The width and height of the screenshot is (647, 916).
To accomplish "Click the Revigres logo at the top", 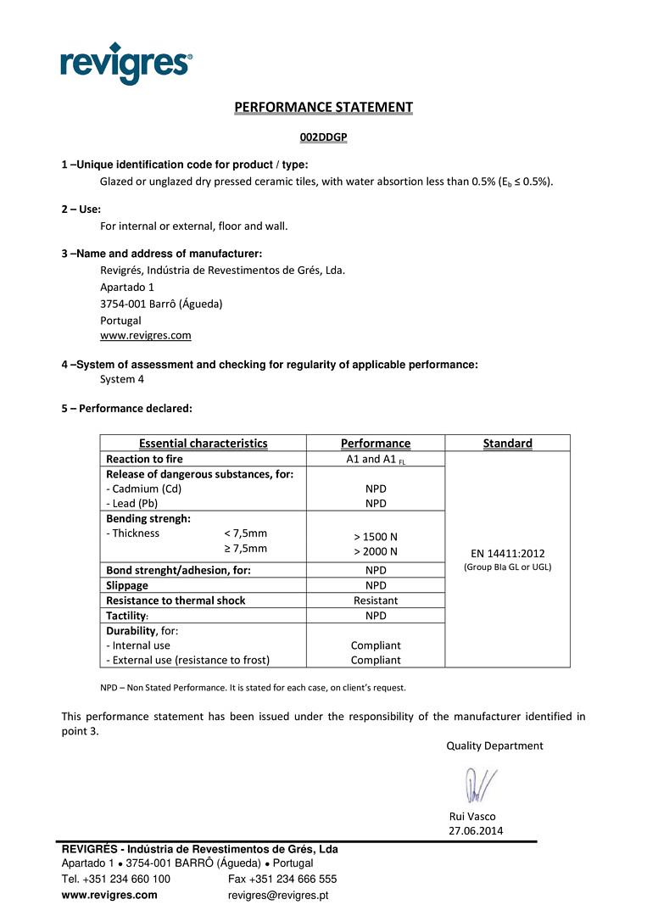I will click(126, 63).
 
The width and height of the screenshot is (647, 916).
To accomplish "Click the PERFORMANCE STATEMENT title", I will click(323, 107).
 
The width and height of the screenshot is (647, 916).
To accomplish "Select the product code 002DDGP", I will click(323, 137).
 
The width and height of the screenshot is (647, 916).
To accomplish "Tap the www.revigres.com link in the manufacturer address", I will click(145, 335).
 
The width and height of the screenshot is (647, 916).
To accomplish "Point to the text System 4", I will click(122, 379).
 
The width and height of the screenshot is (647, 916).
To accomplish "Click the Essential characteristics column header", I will click(203, 443).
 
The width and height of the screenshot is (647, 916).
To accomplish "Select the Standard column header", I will click(507, 443).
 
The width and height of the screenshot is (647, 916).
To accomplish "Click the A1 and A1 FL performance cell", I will click(375, 459).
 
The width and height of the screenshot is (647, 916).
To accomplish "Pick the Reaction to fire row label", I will click(144, 459).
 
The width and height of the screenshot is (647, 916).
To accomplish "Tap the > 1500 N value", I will click(375, 537).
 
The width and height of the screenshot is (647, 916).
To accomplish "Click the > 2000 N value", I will click(375, 552).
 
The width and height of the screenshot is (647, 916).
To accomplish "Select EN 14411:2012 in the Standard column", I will click(507, 553).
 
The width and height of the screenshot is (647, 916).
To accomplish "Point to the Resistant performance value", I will click(375, 600).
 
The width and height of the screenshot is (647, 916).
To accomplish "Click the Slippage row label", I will click(127, 585).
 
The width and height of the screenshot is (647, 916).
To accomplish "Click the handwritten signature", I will click(480, 785).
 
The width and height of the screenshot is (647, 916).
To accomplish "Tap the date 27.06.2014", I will click(475, 830).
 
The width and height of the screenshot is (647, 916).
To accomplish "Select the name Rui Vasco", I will click(471, 816).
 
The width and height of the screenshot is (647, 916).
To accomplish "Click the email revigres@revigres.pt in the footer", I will click(278, 895).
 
